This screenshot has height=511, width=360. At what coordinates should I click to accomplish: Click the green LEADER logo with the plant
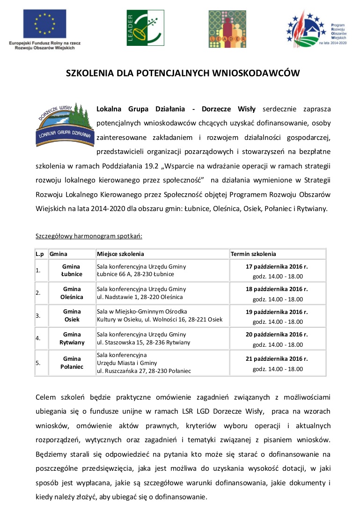coord(145,28)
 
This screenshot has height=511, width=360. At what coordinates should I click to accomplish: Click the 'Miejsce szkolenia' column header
coord(120,254)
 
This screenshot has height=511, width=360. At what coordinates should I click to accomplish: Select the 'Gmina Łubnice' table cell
coord(72,270)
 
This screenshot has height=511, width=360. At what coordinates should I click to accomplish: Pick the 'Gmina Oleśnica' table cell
coord(72,293)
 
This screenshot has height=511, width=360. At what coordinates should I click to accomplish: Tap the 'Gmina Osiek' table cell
coord(72,315)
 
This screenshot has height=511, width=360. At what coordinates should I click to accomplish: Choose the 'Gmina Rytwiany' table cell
coord(72,338)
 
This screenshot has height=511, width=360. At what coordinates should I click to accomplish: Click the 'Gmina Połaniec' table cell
coord(72,363)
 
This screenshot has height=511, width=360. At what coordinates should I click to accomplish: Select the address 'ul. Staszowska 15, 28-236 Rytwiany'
coord(143,343)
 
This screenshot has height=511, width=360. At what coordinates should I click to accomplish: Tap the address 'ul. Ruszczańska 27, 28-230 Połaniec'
coord(144,371)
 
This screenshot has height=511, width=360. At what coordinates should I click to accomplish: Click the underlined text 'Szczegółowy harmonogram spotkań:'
coord(89,236)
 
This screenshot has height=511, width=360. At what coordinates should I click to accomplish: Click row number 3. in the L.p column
coord(38,316)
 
